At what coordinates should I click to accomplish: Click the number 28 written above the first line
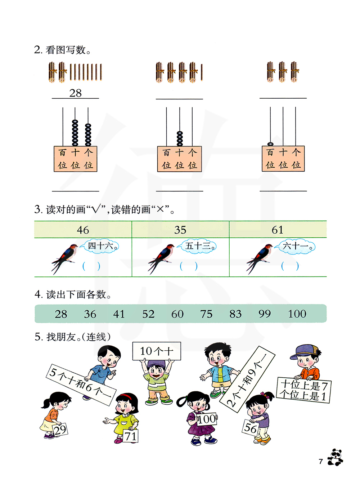(75, 93)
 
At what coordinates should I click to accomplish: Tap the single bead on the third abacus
(270, 144)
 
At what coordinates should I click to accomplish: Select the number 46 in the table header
(83, 230)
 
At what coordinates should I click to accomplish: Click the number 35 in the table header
(180, 230)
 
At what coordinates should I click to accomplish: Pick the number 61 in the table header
(278, 230)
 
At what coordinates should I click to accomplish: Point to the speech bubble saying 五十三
(198, 246)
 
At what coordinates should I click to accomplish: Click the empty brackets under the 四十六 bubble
(91, 266)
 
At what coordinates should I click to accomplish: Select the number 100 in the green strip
(297, 314)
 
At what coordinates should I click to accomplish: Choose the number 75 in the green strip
(206, 314)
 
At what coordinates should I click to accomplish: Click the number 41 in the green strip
(119, 314)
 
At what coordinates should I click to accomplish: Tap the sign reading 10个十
(157, 351)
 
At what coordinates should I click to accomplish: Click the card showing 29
(60, 430)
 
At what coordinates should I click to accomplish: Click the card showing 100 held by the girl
(207, 419)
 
